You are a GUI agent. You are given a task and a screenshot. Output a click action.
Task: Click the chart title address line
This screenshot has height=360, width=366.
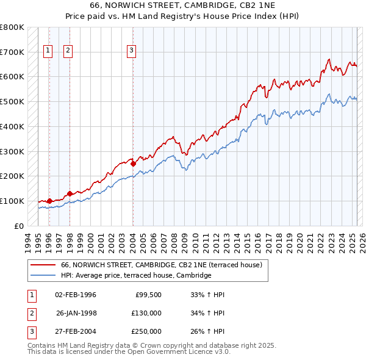pyautogui.click(x=182, y=5)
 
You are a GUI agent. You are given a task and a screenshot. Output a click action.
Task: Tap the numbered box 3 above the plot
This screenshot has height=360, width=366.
pyautogui.click(x=132, y=51)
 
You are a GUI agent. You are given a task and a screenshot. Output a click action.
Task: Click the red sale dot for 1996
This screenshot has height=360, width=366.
pyautogui.click(x=49, y=200)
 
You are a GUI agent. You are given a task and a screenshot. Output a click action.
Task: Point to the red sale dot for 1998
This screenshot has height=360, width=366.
pyautogui.click(x=70, y=193)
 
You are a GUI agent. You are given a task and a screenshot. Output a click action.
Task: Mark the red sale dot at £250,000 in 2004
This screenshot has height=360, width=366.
pyautogui.click(x=133, y=164)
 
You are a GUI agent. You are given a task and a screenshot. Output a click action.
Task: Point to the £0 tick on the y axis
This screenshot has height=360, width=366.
pyautogui.click(x=18, y=226)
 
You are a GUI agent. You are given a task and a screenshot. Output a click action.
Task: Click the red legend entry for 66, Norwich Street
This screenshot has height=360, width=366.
pyautogui.click(x=161, y=265)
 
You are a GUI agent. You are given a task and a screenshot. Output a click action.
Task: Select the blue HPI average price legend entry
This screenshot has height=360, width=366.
pyautogui.click(x=135, y=275)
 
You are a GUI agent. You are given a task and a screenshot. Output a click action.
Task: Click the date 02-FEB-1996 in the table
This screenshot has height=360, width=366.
pyautogui.click(x=76, y=295)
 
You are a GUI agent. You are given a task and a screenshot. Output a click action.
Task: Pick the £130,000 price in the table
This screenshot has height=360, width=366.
pyautogui.click(x=146, y=313)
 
